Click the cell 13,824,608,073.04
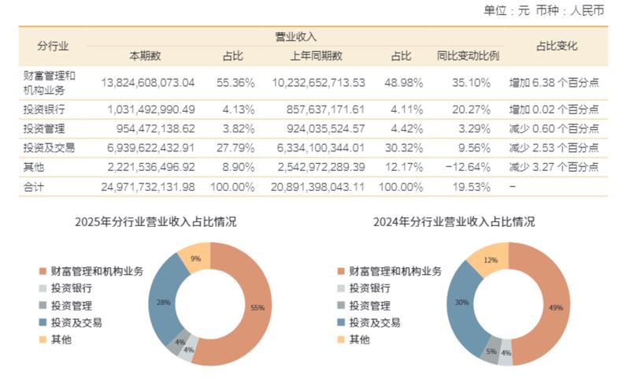[x=148, y=82]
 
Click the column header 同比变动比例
[x=468, y=56]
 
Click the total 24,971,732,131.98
[x=148, y=187]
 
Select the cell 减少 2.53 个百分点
[x=554, y=147]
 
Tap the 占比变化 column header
[x=556, y=46]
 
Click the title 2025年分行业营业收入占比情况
[x=155, y=222]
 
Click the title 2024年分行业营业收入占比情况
[x=454, y=222]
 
